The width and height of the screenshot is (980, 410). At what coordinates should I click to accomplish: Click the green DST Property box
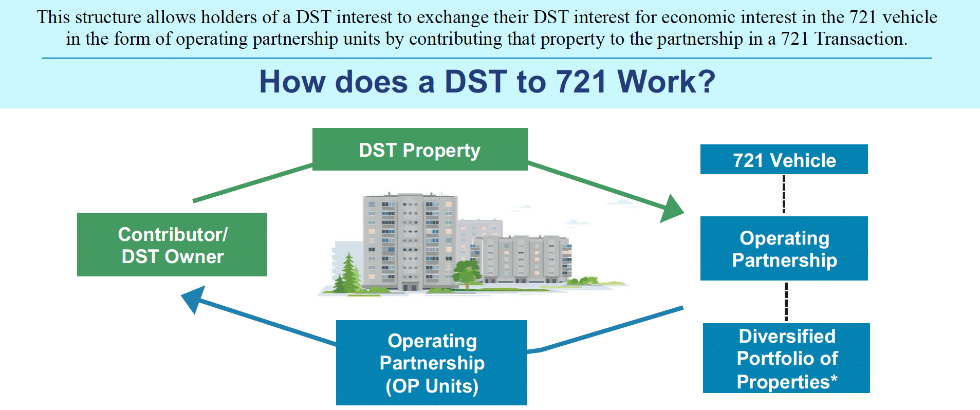coord(420,149)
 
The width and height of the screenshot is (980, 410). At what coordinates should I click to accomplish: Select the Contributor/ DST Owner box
coord(172,245)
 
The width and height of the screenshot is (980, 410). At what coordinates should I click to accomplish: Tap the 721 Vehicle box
coord(784,159)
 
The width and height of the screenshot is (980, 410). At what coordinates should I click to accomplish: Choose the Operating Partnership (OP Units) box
coord(432,363)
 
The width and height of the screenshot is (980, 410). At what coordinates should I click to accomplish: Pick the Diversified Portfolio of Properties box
coord(786,358)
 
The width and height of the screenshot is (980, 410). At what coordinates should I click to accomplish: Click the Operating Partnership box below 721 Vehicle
coord(784,248)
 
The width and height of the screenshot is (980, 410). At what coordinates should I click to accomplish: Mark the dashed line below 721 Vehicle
coord(784,194)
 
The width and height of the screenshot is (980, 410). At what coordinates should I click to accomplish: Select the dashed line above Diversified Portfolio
coord(786,302)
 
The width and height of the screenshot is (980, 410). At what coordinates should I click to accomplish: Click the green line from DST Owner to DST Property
coord(252,183)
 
